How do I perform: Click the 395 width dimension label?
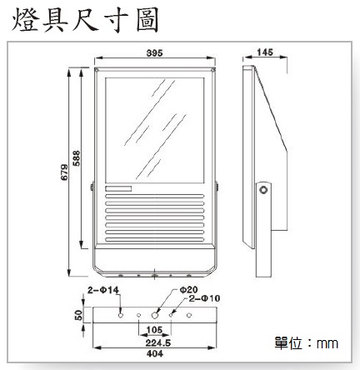tap(154, 52)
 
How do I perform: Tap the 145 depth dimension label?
tap(265, 52)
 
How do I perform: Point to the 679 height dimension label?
tap(64, 172)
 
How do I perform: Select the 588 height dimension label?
tap(76, 158)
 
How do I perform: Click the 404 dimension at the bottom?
tap(155, 354)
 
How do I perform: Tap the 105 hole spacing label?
tap(154, 330)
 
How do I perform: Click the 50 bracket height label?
tap(79, 315)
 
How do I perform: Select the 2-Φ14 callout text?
tap(103, 290)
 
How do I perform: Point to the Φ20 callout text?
tap(188, 290)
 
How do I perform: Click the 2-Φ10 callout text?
tap(204, 298)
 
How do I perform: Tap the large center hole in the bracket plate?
tap(155, 315)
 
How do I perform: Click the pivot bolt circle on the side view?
tap(262, 190)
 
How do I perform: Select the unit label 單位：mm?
tap(307, 343)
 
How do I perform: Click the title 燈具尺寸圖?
tap(85, 20)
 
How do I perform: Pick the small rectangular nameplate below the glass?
tap(118, 189)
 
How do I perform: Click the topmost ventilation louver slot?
tap(155, 196)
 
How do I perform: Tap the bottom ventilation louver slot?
tap(155, 239)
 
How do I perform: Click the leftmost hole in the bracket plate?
tap(121, 315)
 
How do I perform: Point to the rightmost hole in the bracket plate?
tap(189, 315)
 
